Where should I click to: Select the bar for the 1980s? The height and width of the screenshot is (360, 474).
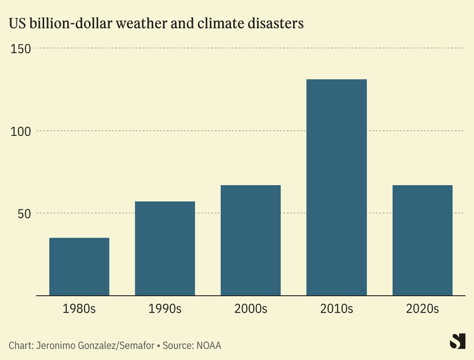point(79,266)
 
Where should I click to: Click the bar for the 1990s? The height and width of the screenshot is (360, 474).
point(165,249)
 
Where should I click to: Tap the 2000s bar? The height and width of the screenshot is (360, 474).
point(250,240)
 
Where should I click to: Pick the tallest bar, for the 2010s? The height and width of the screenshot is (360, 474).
point(336,187)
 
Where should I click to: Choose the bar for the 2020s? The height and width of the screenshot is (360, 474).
point(422,240)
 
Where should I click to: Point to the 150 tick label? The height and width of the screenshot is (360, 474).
point(22,49)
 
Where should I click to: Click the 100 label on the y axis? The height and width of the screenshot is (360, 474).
point(22,131)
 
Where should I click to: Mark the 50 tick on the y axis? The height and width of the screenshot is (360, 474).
point(24,213)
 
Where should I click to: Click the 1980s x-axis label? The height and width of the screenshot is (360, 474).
point(79,309)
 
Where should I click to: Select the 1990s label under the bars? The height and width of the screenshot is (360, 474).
point(165,309)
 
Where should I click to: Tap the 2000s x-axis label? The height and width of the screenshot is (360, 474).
point(250,309)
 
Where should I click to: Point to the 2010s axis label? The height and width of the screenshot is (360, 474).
point(336,309)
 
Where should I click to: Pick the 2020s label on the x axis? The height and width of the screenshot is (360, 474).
point(422,309)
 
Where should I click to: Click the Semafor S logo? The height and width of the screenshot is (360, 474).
point(457,341)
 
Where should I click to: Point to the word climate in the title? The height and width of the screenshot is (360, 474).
point(220,24)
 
